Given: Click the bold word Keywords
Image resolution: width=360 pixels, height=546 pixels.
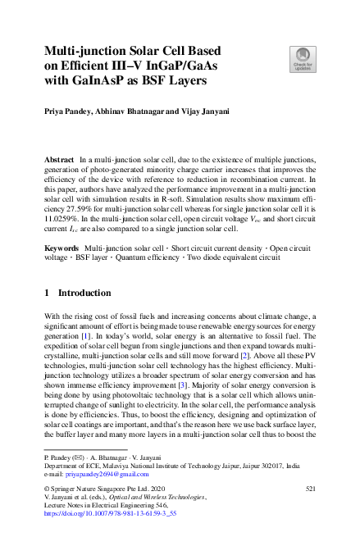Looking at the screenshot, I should (x=62, y=224).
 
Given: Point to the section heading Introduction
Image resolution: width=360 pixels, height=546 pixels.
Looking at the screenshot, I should (x=84, y=269).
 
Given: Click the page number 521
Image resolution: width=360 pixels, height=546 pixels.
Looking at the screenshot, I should (x=310, y=488).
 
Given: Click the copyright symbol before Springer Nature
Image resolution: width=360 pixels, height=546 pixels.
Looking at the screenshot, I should (x=47, y=489).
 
